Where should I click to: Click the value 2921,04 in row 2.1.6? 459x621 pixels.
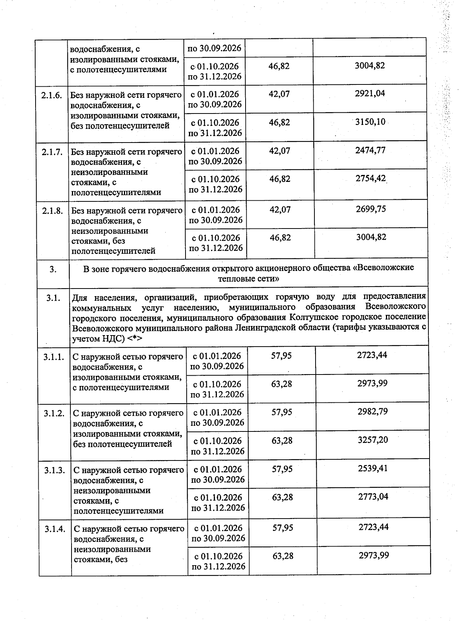[370, 93]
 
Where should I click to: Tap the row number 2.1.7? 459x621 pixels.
[52, 152]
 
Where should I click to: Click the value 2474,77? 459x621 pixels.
[370, 150]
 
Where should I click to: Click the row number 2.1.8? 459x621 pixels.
[52, 211]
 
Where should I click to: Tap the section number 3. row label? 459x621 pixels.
[53, 269]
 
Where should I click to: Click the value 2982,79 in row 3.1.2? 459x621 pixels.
[373, 412]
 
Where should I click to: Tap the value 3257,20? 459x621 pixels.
[373, 440]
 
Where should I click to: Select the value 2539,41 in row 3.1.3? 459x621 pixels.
[373, 468]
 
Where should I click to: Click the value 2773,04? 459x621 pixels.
[373, 496]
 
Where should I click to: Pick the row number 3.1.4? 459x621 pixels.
[55, 529]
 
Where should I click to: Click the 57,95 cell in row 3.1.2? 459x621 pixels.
[282, 412]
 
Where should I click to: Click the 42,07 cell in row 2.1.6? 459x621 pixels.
[279, 94]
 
